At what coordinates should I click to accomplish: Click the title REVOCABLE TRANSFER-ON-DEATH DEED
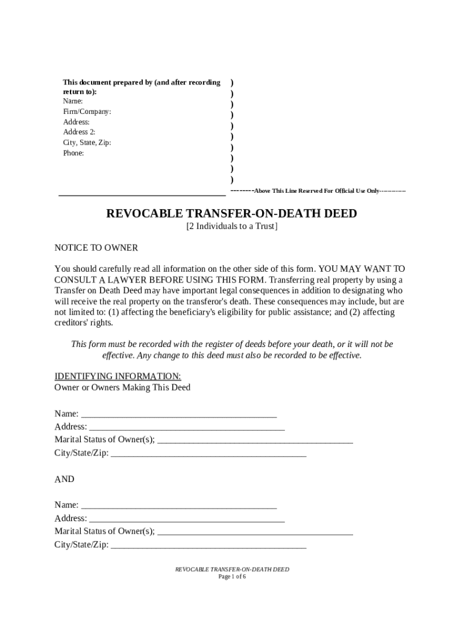point(231,214)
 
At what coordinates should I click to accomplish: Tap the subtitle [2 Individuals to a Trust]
point(232,227)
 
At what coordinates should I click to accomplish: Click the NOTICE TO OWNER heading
point(96,248)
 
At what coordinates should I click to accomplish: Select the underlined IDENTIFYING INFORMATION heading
point(114,377)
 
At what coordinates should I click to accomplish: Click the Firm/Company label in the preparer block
point(87,111)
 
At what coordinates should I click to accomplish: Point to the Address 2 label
point(80,132)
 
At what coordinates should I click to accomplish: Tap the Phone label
point(74,153)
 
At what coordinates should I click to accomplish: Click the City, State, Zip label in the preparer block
point(87,143)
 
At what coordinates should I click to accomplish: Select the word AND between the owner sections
point(64,479)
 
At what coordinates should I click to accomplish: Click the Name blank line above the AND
point(179,415)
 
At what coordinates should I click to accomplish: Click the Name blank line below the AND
point(179,506)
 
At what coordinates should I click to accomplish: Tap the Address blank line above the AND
point(187,428)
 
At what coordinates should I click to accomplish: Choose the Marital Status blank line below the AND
point(254,532)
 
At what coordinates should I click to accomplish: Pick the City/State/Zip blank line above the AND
point(208,454)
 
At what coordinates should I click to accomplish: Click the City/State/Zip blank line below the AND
point(208,545)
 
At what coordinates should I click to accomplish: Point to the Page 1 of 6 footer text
point(232,577)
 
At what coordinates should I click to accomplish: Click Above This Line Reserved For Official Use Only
point(316,191)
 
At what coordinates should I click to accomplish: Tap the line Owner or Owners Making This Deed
point(122,387)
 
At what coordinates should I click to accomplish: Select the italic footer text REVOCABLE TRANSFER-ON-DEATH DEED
point(232,569)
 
